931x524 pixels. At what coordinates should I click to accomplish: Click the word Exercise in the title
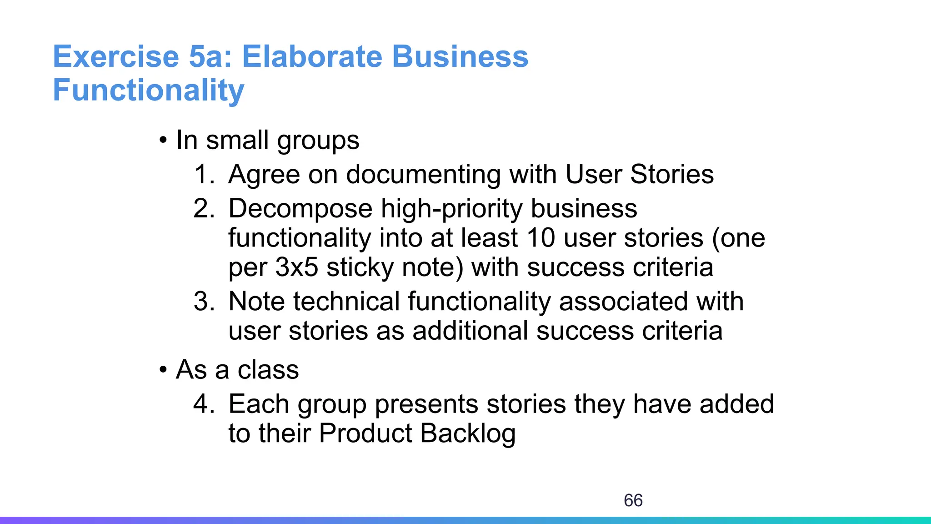(116, 57)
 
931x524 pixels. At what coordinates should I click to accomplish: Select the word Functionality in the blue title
(149, 90)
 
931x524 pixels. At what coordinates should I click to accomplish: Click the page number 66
(633, 500)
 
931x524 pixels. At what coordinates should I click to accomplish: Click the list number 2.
(204, 209)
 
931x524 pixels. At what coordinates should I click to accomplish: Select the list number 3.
(204, 302)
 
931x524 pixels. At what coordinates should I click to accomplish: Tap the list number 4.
(204, 404)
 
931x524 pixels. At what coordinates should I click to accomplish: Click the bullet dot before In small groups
(163, 141)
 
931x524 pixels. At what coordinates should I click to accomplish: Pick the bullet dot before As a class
(163, 370)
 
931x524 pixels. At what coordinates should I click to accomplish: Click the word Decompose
(300, 209)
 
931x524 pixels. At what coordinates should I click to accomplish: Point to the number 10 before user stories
(541, 238)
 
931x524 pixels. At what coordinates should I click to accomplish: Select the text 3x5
(296, 267)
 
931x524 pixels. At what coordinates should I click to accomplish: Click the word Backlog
(468, 433)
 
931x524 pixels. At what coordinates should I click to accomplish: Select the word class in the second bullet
(268, 369)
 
